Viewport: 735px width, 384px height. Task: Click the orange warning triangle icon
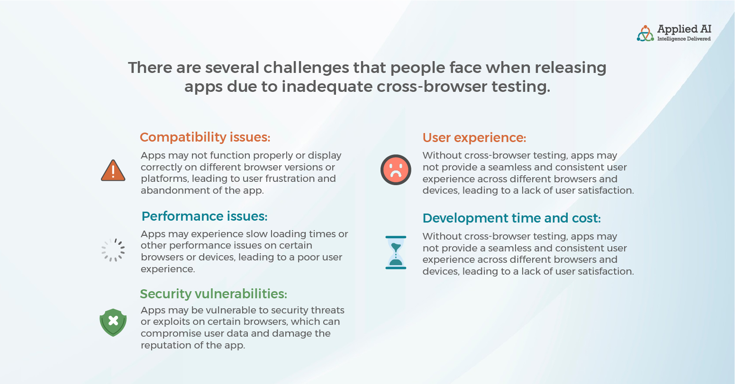click(113, 171)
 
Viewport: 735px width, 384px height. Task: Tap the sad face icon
click(396, 170)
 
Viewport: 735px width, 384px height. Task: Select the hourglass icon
click(396, 252)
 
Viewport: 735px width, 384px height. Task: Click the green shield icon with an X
click(113, 322)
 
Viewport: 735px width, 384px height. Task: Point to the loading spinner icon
click(113, 250)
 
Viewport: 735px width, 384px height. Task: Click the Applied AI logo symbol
click(645, 34)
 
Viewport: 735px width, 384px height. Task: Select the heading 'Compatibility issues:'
click(205, 137)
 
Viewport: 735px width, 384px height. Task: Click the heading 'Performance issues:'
click(204, 216)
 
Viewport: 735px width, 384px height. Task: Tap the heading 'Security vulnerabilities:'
click(214, 294)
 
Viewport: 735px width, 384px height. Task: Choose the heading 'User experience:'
click(474, 138)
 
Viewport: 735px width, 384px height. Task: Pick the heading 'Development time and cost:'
click(511, 218)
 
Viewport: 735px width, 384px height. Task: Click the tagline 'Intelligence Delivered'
click(684, 39)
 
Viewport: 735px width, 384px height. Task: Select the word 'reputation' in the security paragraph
click(163, 345)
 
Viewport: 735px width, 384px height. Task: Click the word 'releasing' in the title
click(570, 68)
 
